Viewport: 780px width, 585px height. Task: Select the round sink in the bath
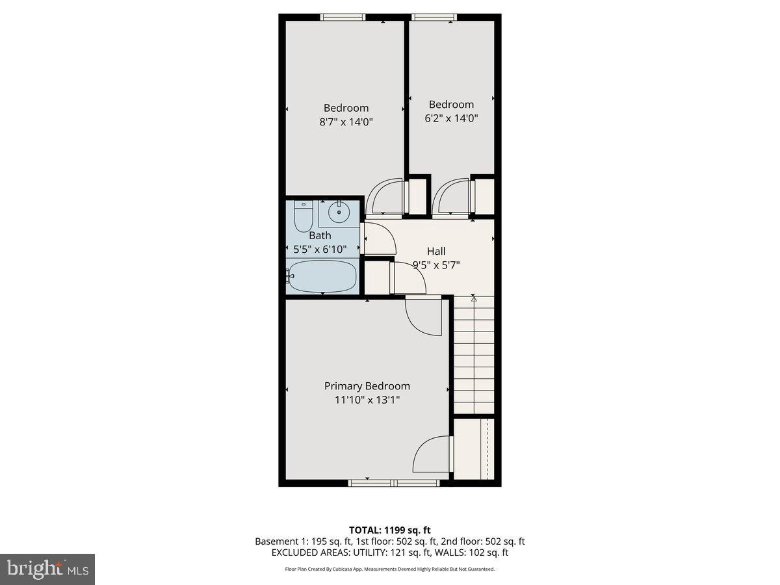(339, 212)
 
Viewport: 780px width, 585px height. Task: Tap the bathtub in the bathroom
(322, 276)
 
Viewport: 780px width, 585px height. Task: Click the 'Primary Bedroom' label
(367, 385)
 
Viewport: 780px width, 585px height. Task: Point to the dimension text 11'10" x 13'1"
(367, 400)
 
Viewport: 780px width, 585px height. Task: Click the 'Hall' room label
(436, 251)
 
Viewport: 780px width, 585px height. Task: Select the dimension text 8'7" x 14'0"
(346, 122)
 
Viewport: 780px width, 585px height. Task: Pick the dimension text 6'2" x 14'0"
(451, 118)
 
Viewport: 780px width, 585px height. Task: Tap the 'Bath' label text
(320, 235)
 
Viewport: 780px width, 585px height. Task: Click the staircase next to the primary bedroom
(473, 354)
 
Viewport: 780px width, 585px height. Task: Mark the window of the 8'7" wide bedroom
(343, 18)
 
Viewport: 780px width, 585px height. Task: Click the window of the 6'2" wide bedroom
(434, 18)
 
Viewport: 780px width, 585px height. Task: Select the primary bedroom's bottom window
(394, 483)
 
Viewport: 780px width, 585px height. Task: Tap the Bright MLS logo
(47, 569)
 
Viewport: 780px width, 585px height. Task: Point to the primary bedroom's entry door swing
(422, 316)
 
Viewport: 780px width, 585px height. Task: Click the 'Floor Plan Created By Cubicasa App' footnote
(390, 569)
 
